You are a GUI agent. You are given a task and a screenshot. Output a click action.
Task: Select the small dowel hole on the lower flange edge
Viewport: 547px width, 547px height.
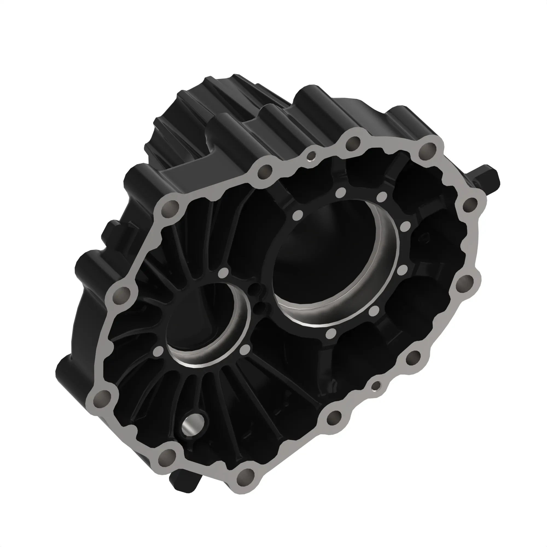tap(377, 385)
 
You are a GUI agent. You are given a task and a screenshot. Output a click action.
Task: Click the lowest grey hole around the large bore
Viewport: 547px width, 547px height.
tap(330, 333)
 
